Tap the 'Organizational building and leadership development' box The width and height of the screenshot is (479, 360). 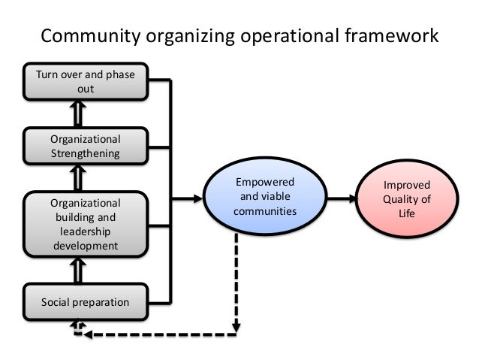coord(86,224)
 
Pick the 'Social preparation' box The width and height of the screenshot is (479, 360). coord(86,303)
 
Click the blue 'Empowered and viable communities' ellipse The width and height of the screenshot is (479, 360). coord(265,198)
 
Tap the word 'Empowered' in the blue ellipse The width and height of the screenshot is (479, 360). coord(265,183)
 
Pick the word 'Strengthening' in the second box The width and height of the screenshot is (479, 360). coord(86,153)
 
